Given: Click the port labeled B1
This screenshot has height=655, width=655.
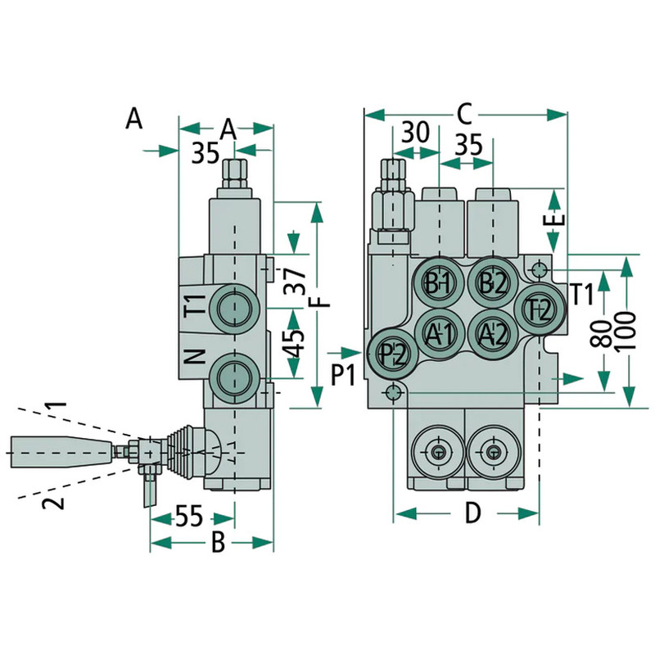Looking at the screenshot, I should click(440, 283).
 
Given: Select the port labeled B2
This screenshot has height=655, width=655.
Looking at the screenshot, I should click(492, 283).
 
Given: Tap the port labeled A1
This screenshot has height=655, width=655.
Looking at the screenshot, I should click(440, 333).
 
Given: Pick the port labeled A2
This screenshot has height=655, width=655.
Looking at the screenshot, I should click(492, 333).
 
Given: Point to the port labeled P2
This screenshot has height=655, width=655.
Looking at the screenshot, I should click(393, 355).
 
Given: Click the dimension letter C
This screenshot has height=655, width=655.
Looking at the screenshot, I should click(464, 112).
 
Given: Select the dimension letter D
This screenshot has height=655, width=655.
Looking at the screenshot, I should click(472, 513).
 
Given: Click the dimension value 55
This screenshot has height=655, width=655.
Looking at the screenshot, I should click(188, 517).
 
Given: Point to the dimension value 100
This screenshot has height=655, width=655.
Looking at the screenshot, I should click(628, 332).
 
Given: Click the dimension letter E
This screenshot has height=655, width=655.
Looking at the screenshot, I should click(556, 219).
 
